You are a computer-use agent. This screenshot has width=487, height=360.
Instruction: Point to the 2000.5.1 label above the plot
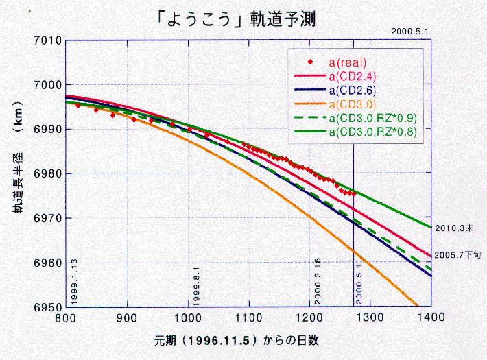pos(409,31)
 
